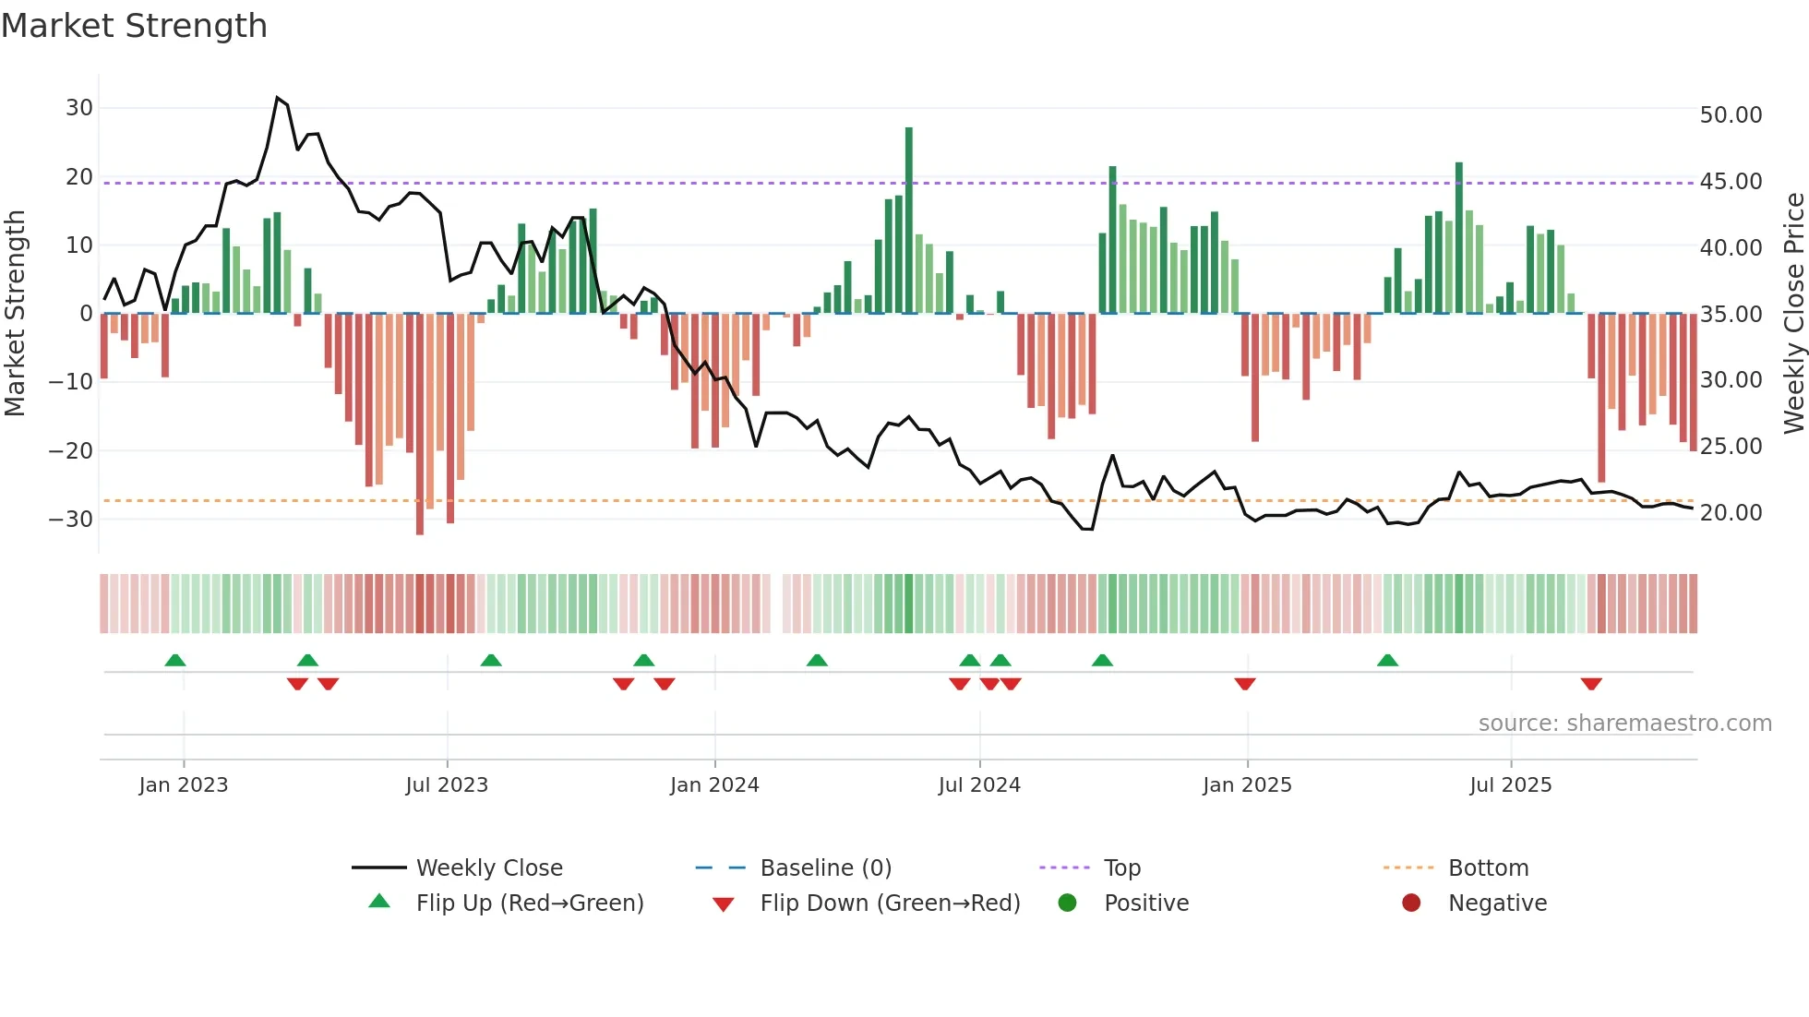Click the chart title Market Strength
click(x=134, y=26)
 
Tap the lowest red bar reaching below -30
click(x=420, y=425)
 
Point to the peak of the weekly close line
click(x=278, y=98)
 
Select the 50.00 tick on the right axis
click(x=1731, y=115)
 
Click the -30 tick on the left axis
click(x=71, y=519)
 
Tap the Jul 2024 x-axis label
click(x=979, y=785)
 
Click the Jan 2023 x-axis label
click(x=184, y=785)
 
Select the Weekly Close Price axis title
click(x=1792, y=314)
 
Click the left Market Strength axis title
click(x=16, y=314)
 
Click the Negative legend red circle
click(x=1411, y=903)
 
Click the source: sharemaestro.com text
click(x=1624, y=724)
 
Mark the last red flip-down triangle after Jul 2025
click(x=1590, y=684)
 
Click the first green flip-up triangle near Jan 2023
click(x=175, y=660)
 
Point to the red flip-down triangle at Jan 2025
click(x=1245, y=684)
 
